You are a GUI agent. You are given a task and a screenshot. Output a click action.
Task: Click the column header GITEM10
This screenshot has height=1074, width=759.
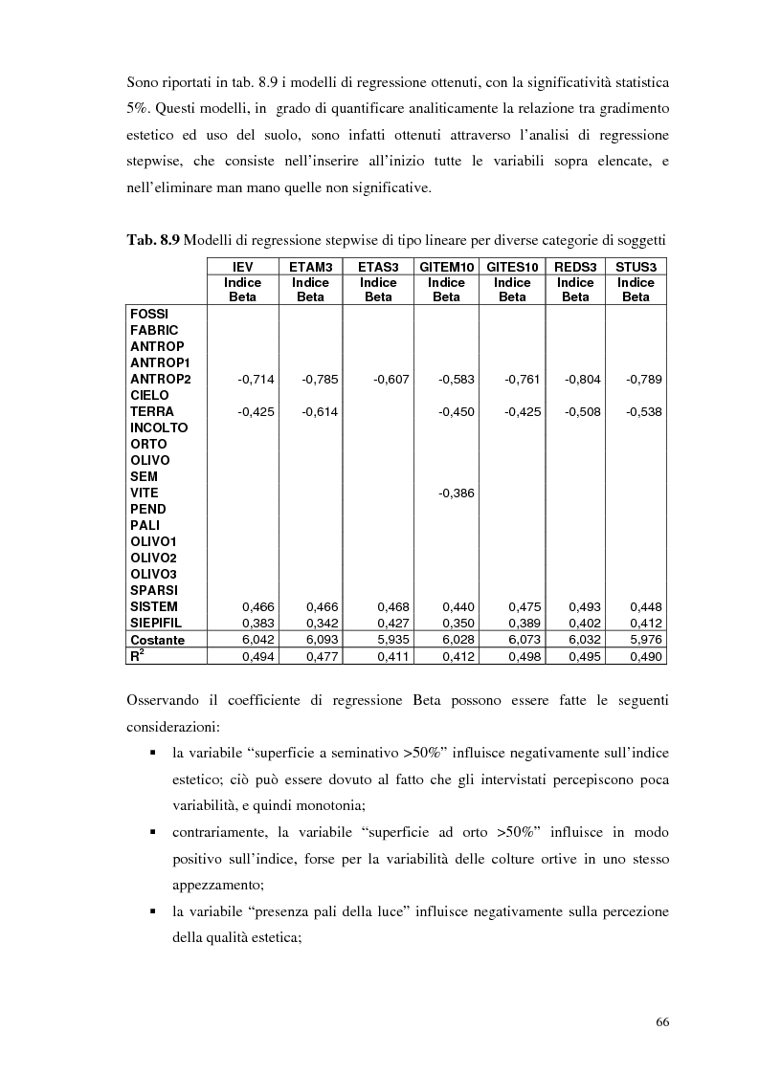pyautogui.click(x=446, y=268)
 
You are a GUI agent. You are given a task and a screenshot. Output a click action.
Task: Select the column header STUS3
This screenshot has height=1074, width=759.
pyautogui.click(x=636, y=268)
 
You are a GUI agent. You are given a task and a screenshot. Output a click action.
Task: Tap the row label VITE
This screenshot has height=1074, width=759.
pyautogui.click(x=145, y=493)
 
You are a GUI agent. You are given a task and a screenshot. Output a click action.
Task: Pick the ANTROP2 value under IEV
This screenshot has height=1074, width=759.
pyautogui.click(x=256, y=380)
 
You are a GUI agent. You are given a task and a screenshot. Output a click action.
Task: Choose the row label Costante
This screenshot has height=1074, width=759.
pyautogui.click(x=158, y=640)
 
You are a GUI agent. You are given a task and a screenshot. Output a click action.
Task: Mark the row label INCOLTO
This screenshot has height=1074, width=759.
pyautogui.click(x=159, y=427)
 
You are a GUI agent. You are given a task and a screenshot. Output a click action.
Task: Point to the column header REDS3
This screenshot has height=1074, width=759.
pyautogui.click(x=575, y=268)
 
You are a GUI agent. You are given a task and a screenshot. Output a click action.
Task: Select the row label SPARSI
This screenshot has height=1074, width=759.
pyautogui.click(x=154, y=590)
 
